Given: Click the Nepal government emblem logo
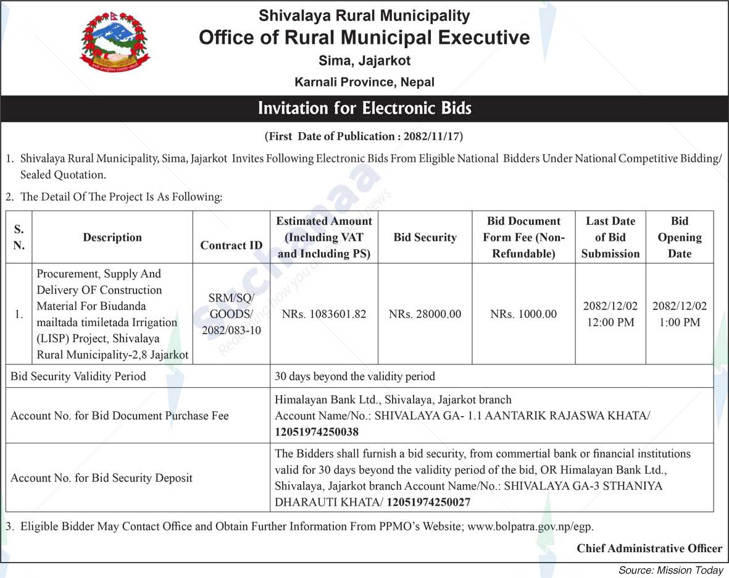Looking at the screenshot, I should tap(115, 43).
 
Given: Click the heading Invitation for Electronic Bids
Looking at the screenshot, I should tap(364, 109).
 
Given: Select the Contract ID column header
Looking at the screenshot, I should tap(231, 245).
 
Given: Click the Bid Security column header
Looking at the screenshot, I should tap(425, 237).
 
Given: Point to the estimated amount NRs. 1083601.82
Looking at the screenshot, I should tap(323, 314).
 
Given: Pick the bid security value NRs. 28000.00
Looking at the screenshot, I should tap(425, 314).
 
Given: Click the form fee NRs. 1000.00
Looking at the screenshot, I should tap(523, 314).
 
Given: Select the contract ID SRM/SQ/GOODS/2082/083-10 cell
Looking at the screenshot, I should tap(231, 314).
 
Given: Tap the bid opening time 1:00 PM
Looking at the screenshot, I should tap(679, 322).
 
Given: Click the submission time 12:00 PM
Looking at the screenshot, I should tap(610, 322).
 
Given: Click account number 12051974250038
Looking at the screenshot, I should tap(317, 432).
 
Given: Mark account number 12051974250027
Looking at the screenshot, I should tap(428, 503).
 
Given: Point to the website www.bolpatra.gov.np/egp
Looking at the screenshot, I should tap(530, 527).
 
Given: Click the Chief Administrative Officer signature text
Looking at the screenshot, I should tap(649, 548).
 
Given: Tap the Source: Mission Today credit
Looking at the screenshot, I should tap(670, 570).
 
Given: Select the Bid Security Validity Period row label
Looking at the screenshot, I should tap(78, 376).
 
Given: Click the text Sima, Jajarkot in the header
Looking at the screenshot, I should tap(364, 61).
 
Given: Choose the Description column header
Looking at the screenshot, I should tap(112, 237).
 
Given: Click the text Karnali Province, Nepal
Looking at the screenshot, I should tap(364, 82).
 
